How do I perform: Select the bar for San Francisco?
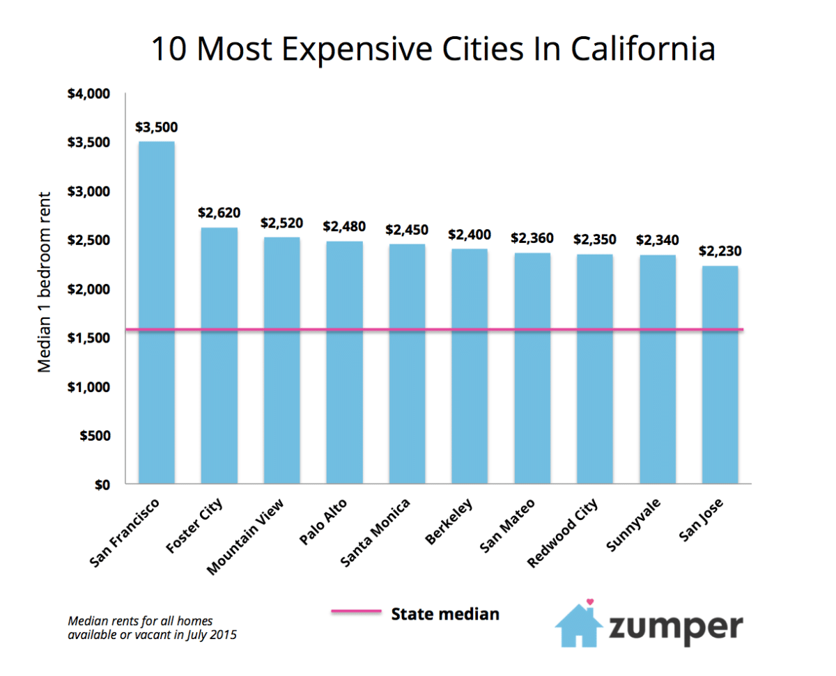pos(156,313)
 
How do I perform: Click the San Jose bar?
pos(720,376)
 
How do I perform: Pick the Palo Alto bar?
pos(344,362)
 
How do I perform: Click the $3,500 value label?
pos(157,127)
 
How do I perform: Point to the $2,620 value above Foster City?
pos(219,213)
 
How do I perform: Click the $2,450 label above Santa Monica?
pos(407,230)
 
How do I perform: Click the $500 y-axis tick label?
pos(96,435)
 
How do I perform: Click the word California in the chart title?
pos(643,49)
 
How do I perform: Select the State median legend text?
pos(445,613)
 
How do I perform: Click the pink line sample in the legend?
pos(356,612)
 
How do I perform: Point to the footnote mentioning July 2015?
pos(153,627)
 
